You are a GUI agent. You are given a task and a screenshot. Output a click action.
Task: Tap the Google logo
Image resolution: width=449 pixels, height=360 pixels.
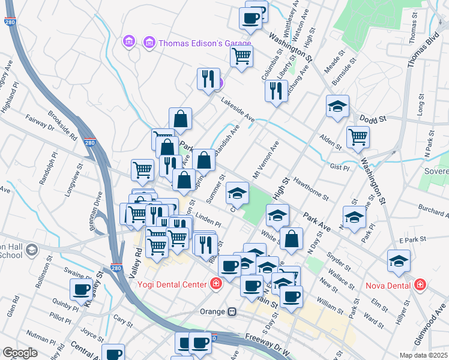20,353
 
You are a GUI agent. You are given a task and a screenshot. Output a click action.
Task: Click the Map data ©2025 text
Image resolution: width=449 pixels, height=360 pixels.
423,355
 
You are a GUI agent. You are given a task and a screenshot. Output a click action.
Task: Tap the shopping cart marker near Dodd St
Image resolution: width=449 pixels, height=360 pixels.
358,136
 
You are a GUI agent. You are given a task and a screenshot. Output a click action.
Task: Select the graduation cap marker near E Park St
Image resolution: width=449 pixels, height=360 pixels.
398,260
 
